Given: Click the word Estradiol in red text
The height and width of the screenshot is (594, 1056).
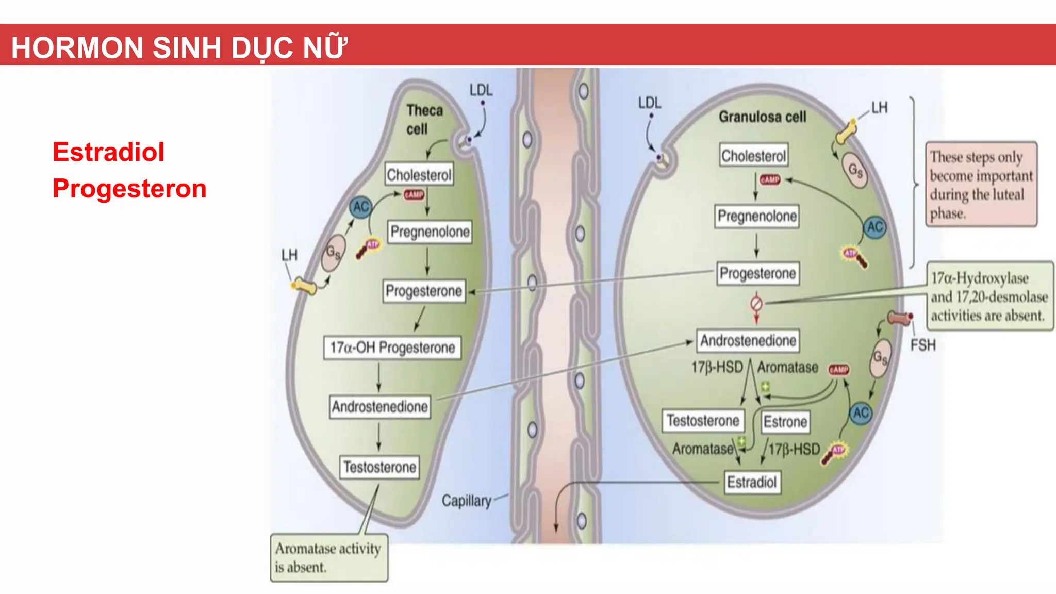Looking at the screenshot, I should click(x=108, y=152).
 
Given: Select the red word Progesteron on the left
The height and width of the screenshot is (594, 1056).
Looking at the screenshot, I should click(x=129, y=188).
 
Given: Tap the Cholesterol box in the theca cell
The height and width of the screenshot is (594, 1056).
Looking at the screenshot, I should click(x=419, y=175).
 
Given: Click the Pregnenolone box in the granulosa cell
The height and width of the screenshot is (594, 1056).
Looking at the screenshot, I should click(x=757, y=216).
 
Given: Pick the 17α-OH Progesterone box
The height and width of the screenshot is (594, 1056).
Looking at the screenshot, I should click(x=392, y=348).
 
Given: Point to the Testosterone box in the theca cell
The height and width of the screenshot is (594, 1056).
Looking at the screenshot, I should click(x=379, y=467).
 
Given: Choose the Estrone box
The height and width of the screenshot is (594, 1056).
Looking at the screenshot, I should click(x=785, y=422).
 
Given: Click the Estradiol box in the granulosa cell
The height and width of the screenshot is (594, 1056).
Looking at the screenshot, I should click(x=752, y=483).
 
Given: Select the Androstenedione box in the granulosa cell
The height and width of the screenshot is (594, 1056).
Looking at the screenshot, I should click(x=748, y=341).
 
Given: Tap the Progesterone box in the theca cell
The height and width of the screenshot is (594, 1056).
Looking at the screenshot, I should click(x=424, y=291).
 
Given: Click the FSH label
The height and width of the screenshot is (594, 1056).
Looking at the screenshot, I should click(x=922, y=345).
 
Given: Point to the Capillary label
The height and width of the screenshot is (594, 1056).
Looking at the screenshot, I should click(x=467, y=501).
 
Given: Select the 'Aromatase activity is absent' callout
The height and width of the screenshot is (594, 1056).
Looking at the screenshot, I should click(x=328, y=558).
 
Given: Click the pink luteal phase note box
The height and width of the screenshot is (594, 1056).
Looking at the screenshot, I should click(x=981, y=185).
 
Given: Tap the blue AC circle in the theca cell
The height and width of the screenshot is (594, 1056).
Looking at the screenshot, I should click(x=360, y=207).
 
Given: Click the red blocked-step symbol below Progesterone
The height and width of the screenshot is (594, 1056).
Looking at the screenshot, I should click(x=756, y=303).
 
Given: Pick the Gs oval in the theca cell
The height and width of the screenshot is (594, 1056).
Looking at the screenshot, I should click(x=333, y=253).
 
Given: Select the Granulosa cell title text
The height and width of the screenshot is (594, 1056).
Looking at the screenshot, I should click(x=762, y=117).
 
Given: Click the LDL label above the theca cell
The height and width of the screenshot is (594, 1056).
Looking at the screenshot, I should click(x=481, y=90).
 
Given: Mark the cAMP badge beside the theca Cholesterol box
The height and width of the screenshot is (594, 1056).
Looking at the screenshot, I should click(x=414, y=194).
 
